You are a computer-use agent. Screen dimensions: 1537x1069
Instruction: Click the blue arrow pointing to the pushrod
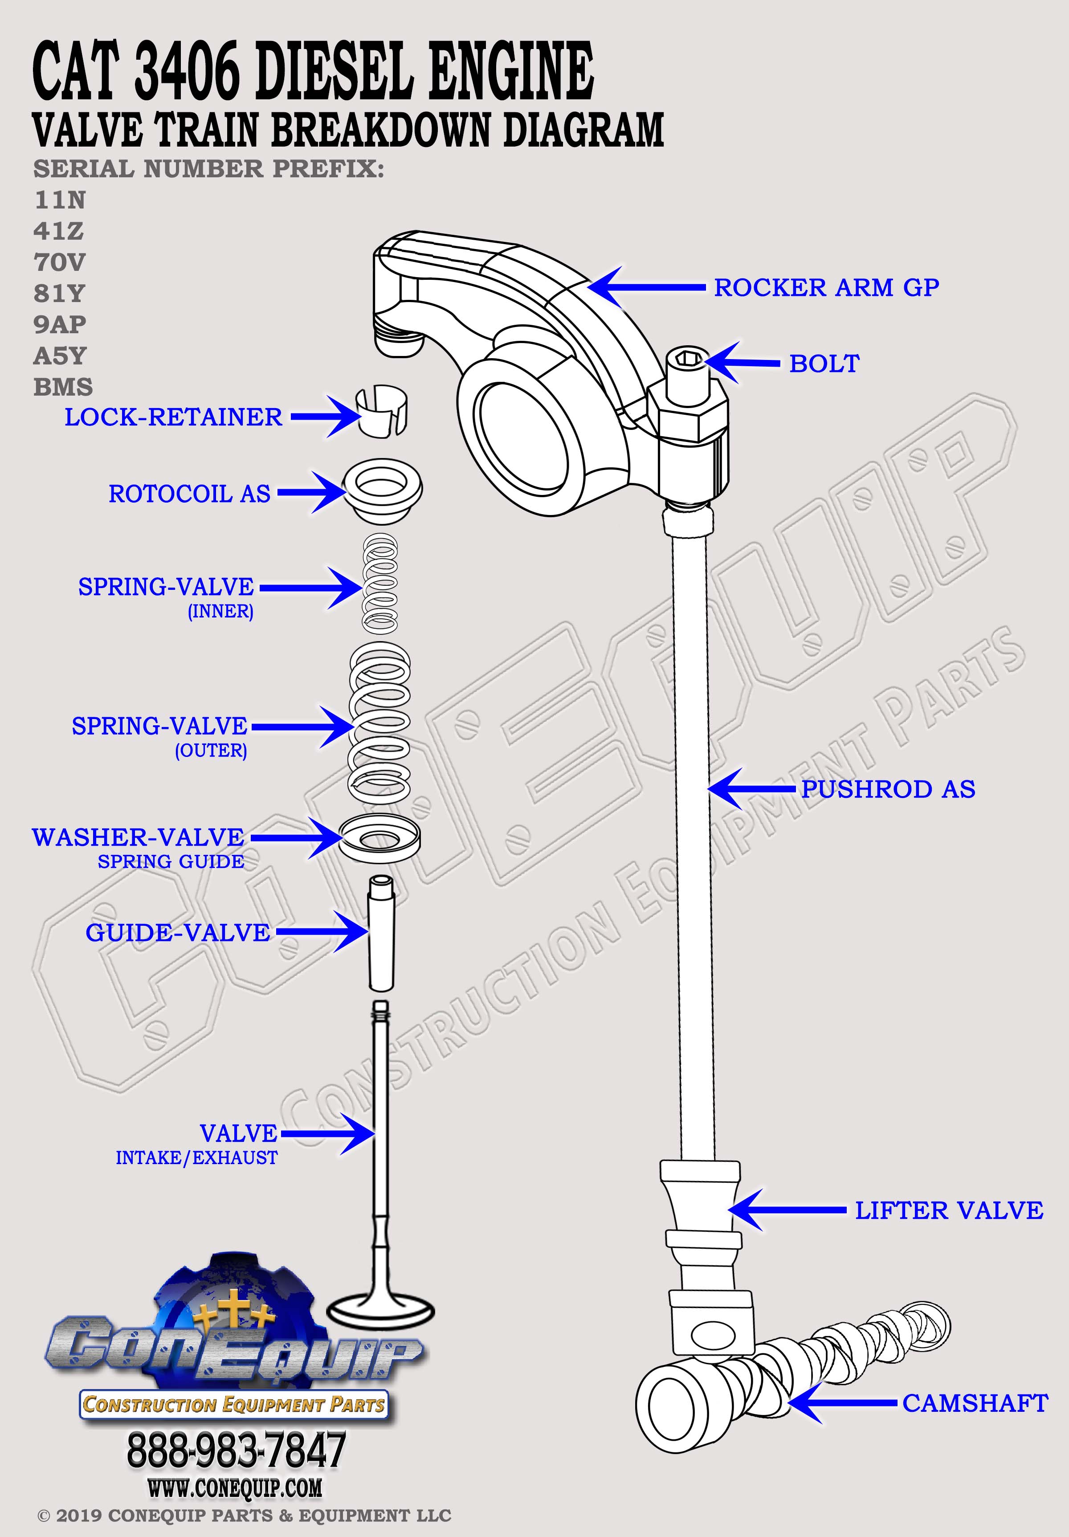pyautogui.click(x=753, y=789)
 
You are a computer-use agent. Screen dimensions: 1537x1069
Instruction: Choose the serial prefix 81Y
pyautogui.click(x=60, y=293)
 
